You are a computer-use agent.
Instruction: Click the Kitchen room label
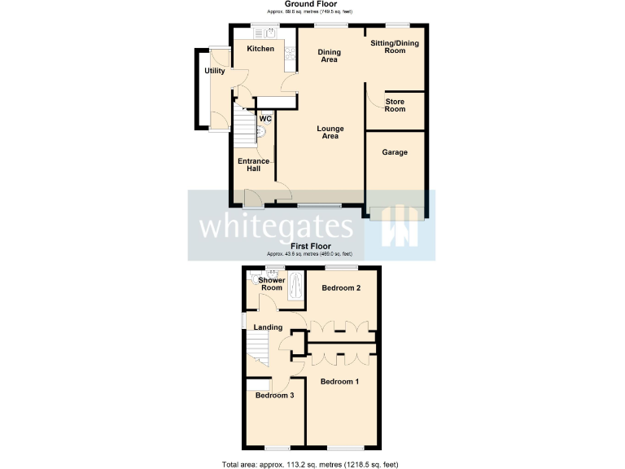(260, 49)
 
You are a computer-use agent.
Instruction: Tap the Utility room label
(215, 71)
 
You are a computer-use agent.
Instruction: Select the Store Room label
(395, 106)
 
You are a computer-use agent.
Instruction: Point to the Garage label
(395, 152)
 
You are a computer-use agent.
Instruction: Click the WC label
(265, 119)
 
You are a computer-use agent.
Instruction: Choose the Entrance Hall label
(253, 164)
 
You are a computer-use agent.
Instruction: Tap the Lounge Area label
(330, 132)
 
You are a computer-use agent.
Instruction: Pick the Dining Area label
(329, 55)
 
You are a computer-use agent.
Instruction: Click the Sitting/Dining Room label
(395, 46)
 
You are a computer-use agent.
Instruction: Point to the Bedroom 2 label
(341, 288)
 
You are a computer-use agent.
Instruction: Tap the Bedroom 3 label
(274, 396)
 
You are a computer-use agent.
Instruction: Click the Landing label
(268, 327)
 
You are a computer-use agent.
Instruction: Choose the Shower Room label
(272, 284)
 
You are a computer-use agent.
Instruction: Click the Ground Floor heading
(312, 4)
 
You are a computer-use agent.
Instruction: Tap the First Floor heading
(312, 245)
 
